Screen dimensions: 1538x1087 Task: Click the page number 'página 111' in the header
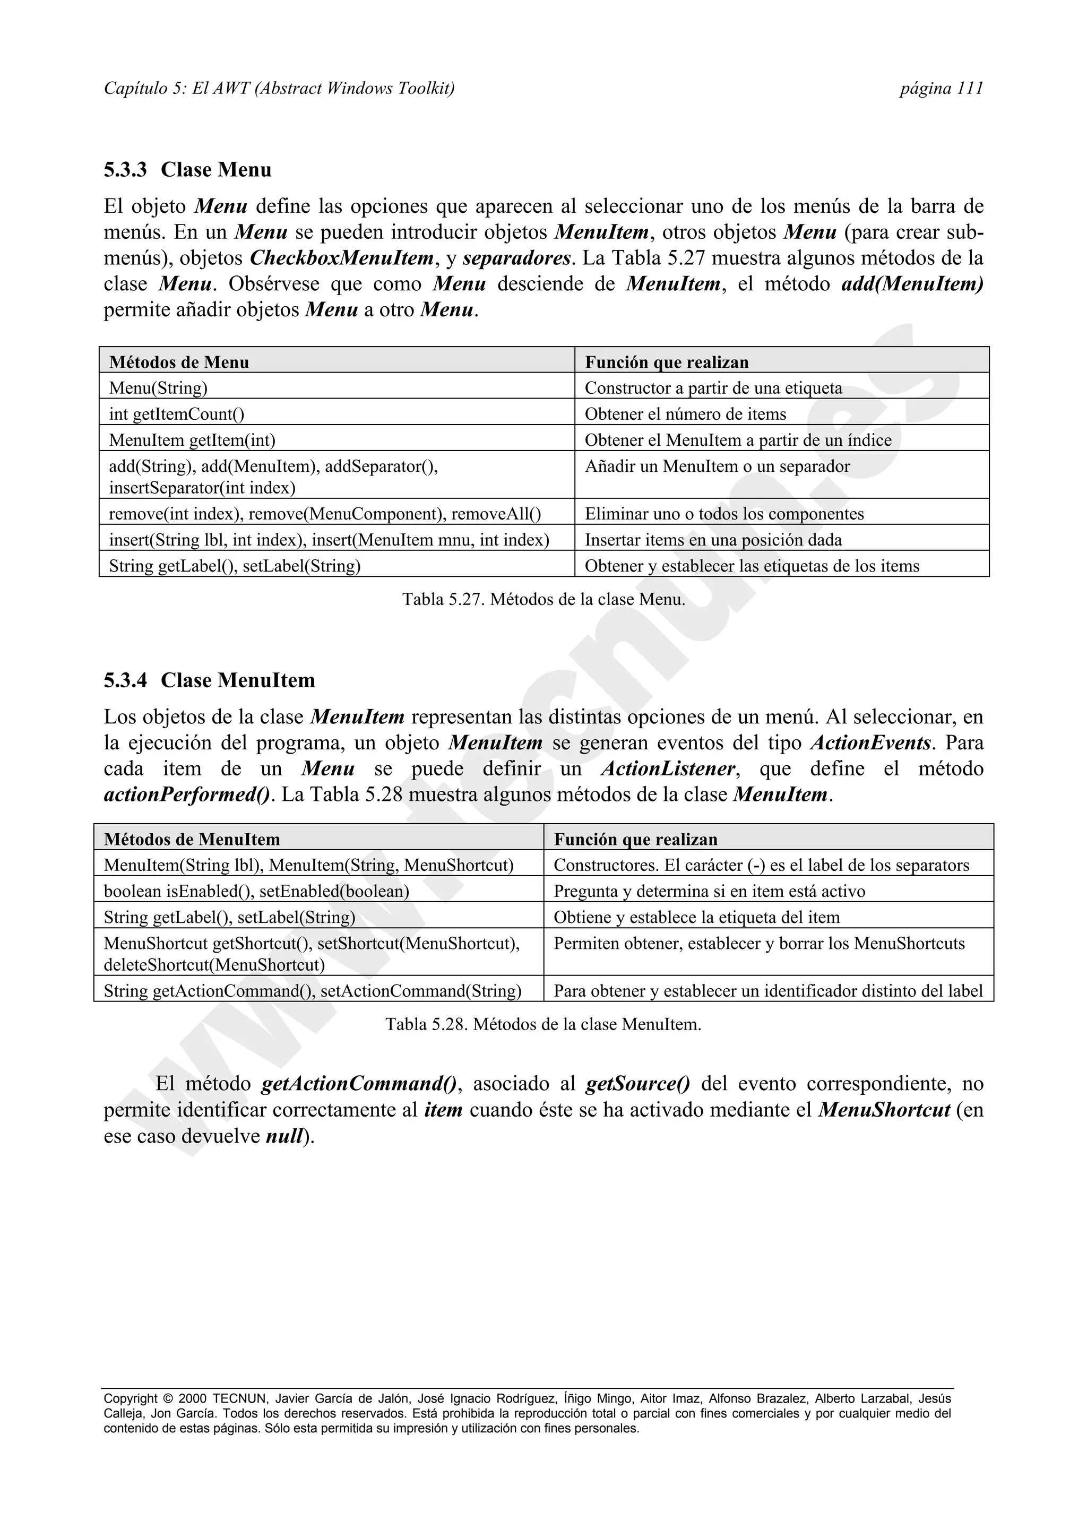coord(941,89)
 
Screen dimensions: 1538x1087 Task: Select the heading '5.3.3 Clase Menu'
coord(187,170)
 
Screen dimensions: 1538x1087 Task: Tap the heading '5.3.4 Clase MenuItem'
coord(209,680)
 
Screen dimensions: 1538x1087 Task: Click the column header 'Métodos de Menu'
coord(179,362)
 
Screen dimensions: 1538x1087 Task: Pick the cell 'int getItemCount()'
coord(176,414)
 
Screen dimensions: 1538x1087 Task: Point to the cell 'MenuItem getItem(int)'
coord(192,440)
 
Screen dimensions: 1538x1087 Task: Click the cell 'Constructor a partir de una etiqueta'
coord(713,388)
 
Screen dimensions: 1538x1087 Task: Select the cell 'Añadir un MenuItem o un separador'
coord(717,466)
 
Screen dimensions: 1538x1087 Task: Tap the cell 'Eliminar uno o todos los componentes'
coord(724,514)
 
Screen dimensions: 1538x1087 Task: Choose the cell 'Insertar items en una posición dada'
coord(713,540)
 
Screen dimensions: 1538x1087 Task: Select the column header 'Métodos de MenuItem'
coord(192,840)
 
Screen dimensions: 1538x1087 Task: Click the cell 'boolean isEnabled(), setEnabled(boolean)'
coord(256,892)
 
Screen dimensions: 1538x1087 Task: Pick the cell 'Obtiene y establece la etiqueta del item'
coord(696,918)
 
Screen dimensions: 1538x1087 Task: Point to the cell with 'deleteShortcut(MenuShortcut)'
coord(214,965)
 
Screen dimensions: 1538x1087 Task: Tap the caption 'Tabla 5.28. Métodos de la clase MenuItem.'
coord(543,1024)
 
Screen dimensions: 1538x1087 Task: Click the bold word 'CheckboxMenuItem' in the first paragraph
coord(342,258)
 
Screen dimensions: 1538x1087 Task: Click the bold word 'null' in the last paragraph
coord(283,1136)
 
